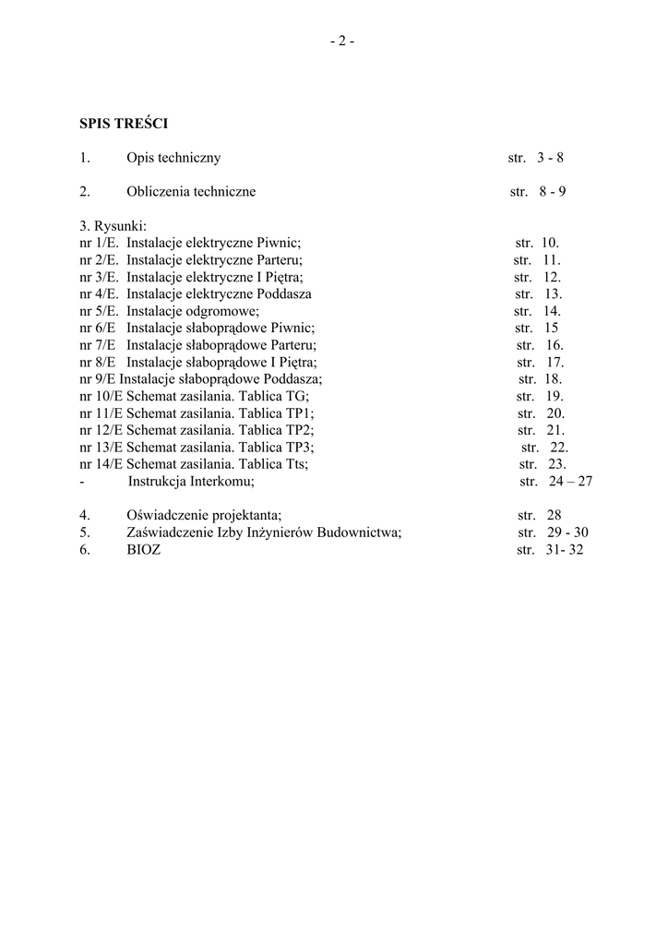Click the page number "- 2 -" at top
click(x=341, y=41)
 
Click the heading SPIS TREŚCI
click(x=123, y=123)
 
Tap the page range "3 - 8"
click(x=550, y=158)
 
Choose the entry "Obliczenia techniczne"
click(x=191, y=192)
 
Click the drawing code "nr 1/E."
click(x=100, y=243)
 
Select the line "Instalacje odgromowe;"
click(x=193, y=311)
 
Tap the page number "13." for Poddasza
click(x=553, y=294)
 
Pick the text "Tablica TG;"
click(x=274, y=397)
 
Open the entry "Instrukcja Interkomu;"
click(x=191, y=482)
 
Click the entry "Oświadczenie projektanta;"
click(x=204, y=515)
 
